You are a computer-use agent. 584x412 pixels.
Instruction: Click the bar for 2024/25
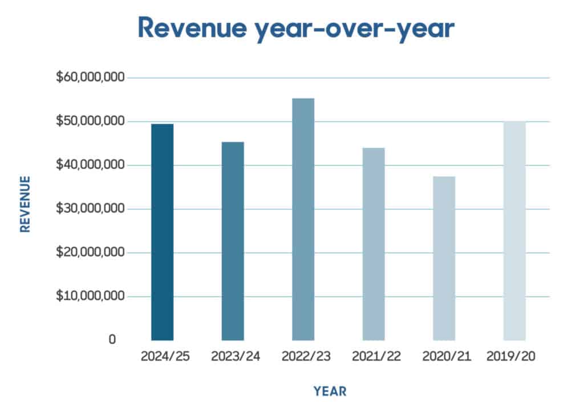(163, 232)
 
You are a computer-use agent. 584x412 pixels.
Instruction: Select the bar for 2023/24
(233, 241)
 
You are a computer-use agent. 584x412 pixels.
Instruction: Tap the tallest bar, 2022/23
(303, 220)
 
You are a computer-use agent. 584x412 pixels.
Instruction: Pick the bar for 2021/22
(374, 244)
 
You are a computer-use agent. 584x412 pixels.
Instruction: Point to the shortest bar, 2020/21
(444, 258)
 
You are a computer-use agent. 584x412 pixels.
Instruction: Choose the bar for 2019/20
(515, 231)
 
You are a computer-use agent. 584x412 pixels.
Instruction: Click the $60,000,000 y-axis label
(90, 77)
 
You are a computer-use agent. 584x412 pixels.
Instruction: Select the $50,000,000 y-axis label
(90, 121)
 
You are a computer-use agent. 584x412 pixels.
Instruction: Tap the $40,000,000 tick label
(90, 164)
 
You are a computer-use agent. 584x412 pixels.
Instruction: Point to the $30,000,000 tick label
(90, 208)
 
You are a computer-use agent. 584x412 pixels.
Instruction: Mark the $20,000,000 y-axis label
(90, 252)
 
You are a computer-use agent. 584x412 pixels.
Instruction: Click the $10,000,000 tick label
(90, 296)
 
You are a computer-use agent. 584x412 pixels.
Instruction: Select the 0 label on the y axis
(112, 340)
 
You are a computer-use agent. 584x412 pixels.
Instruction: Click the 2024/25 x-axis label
(165, 357)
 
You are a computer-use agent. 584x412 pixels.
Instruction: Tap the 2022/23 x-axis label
(306, 357)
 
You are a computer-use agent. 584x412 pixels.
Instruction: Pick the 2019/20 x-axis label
(510, 357)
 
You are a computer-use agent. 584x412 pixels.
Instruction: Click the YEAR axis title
(330, 391)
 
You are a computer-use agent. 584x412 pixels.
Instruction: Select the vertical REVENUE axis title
(25, 204)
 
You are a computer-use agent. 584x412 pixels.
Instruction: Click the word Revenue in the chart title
(192, 27)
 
